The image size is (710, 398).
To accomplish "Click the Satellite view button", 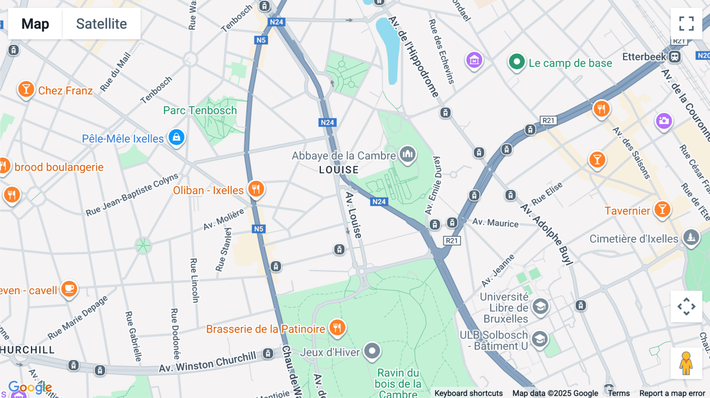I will pos(101,24).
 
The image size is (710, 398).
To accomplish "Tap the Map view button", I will pos(35,24).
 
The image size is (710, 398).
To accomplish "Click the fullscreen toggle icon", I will pos(686,24).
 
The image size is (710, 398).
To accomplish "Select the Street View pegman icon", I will pos(686,363).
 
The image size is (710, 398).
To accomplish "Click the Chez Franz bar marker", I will pos(26,89).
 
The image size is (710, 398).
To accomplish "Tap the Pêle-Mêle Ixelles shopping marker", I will pos(176,137).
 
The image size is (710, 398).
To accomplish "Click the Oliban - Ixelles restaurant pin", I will pos(256,189).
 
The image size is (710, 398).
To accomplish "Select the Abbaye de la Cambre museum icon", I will pos(407,154).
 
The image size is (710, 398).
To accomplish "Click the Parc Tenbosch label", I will pos(200,110).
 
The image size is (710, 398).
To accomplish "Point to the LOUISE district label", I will pos(339,170).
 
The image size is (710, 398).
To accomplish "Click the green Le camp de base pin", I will pos(516,62).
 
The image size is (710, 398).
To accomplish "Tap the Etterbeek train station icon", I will pos(674,57).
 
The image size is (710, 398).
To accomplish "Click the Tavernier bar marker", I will pos(662,209).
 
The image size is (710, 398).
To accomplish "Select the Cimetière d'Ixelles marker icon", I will pos(691,238).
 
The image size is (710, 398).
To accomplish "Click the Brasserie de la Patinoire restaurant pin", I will pos(337,327).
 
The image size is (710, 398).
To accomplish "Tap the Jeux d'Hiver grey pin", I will pos(372,351).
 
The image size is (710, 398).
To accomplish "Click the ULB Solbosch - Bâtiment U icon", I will pos(540,339).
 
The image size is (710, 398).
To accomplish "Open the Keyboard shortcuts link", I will pos(468,393).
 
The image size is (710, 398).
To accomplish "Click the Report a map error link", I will pos(672,393).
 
